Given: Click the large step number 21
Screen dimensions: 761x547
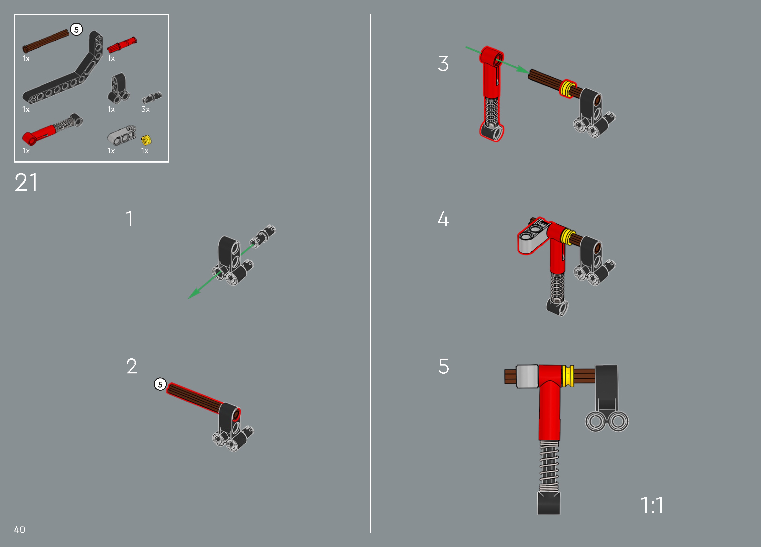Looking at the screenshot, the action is click(x=26, y=182).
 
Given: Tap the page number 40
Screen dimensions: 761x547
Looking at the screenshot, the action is click(x=20, y=530).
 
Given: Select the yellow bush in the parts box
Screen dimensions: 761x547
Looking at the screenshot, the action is click(x=146, y=140).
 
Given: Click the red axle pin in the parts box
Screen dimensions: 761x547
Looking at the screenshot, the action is click(x=122, y=45).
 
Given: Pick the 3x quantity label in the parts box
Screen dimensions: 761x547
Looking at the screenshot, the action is click(x=145, y=109).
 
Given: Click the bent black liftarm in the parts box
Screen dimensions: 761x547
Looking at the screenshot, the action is click(x=64, y=67).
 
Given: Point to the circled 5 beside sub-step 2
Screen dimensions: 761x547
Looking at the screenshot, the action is click(x=160, y=384).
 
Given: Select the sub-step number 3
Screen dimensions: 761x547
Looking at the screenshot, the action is click(x=443, y=64).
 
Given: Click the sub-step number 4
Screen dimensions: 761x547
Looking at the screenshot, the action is click(x=443, y=219).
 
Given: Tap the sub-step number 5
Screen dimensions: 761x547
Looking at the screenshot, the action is click(x=444, y=366).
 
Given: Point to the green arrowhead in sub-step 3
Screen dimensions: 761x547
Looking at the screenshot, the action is click(x=522, y=69).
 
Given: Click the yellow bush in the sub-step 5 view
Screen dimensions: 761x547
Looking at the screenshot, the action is click(x=568, y=376).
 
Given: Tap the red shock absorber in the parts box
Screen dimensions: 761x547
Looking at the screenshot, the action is click(x=53, y=129).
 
